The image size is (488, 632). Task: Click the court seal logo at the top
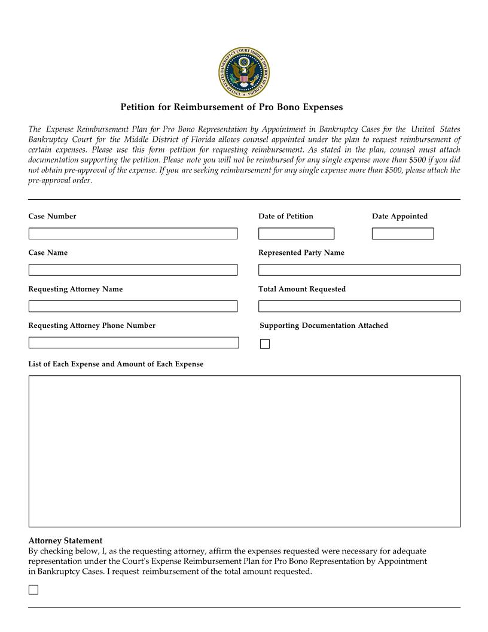(243, 74)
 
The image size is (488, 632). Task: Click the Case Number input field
(133, 233)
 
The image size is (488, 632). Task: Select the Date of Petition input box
(296, 233)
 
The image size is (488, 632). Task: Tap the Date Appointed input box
(402, 233)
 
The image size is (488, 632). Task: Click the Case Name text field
(133, 270)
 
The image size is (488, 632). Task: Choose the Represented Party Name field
(359, 270)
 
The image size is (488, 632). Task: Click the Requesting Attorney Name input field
(133, 306)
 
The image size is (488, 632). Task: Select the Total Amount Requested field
(359, 306)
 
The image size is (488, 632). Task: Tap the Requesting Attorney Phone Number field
(133, 343)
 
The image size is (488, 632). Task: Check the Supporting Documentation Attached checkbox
(265, 344)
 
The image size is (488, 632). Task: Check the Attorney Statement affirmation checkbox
(33, 590)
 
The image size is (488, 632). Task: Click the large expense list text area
(244, 451)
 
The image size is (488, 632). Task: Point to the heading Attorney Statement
(65, 540)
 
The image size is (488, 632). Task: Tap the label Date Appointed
(399, 216)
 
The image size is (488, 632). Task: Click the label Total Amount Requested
(301, 289)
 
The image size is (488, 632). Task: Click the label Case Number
(52, 216)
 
